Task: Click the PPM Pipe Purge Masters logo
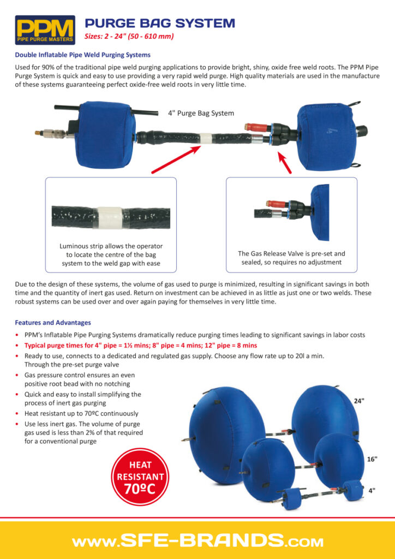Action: (x=45, y=29)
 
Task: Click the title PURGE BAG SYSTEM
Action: (x=160, y=23)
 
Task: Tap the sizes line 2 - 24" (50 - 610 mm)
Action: (x=129, y=37)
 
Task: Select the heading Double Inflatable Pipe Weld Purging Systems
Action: (x=82, y=55)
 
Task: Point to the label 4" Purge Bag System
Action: (x=201, y=114)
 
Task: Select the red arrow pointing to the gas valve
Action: (x=284, y=162)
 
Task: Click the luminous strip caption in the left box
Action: (x=111, y=255)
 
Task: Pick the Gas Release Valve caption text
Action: (x=291, y=258)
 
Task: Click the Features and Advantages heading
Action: (x=53, y=323)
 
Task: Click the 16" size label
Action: (x=372, y=459)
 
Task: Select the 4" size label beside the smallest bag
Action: (x=372, y=490)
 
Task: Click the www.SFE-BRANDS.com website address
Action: (x=197, y=542)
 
